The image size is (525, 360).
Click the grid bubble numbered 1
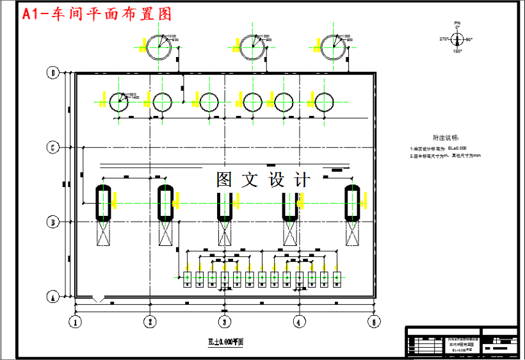pos(76,322)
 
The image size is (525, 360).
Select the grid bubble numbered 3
pos(224,322)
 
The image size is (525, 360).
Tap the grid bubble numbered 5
pos(372,322)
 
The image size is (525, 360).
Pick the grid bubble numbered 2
pos(150,322)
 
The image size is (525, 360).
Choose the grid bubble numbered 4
pos(298,322)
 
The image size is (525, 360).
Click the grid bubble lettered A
pos(54,297)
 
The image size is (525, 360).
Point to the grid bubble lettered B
pos(54,222)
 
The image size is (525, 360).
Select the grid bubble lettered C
pos(54,147)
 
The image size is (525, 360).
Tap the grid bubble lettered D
pos(54,73)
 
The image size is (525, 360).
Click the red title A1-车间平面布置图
pos(97,14)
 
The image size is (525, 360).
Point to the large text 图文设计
pos(263,179)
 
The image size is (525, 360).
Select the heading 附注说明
pos(446,137)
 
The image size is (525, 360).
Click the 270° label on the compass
pos(442,40)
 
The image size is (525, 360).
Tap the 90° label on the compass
pos(469,40)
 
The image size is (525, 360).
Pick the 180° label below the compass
pos(457,51)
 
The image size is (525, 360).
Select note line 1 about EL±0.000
pos(439,148)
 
